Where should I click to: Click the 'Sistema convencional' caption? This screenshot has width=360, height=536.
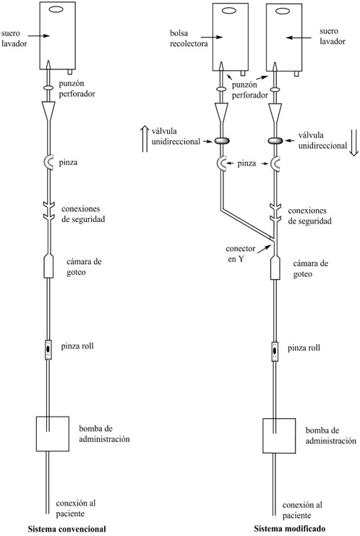[67, 529]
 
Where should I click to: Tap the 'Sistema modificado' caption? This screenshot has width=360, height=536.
[289, 529]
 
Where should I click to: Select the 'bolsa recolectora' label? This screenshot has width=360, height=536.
[189, 38]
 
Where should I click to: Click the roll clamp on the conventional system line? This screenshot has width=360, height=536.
[48, 349]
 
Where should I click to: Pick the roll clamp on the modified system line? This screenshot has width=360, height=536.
[275, 352]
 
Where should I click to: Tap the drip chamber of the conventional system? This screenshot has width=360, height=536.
[49, 266]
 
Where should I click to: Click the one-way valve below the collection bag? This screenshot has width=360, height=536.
[222, 140]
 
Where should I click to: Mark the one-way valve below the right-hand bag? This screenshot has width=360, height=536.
[275, 140]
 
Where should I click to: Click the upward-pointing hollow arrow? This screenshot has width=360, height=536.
[145, 138]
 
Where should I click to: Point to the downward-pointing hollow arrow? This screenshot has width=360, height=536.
[353, 142]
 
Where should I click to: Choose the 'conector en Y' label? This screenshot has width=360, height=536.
[241, 254]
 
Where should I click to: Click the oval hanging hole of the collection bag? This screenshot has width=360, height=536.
[229, 11]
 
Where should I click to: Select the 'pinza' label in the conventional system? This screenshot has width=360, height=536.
[68, 162]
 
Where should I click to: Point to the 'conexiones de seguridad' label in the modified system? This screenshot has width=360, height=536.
[310, 216]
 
